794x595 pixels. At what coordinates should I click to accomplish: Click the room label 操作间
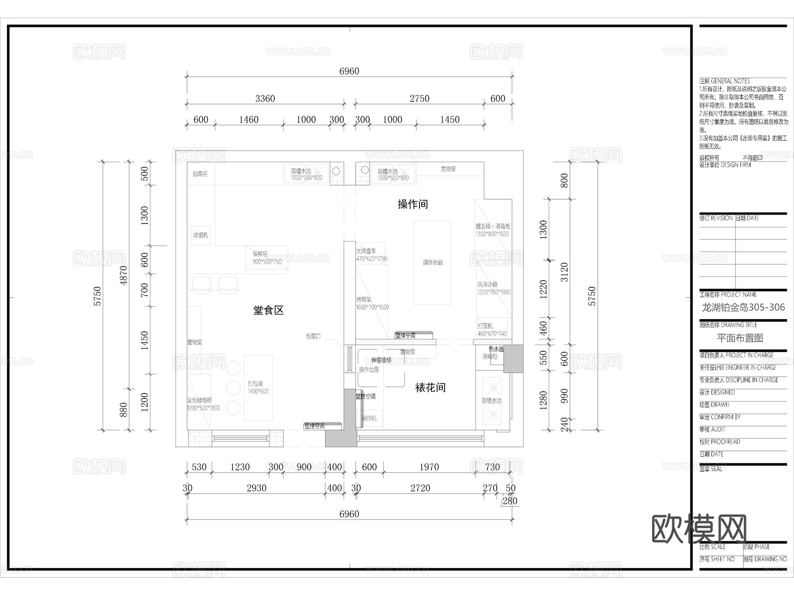[412, 204]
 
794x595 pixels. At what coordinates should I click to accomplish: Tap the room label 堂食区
[268, 310]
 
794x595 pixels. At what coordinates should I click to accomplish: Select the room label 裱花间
[430, 387]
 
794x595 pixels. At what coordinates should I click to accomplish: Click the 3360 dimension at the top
[265, 99]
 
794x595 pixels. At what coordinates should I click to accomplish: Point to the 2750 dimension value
[419, 99]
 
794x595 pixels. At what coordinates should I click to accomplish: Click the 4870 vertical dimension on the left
[124, 275]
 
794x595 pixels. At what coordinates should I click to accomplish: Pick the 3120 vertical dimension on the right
[564, 272]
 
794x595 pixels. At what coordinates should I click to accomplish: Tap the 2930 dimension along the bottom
[256, 488]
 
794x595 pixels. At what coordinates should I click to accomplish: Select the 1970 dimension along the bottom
[429, 467]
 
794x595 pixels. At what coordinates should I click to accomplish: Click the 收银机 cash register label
[200, 235]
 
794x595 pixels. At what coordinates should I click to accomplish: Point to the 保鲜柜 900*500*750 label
[267, 258]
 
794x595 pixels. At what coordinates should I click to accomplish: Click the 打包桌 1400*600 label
[258, 387]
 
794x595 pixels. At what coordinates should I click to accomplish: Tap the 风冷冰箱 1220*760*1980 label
[494, 288]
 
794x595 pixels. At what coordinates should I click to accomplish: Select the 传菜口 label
[313, 336]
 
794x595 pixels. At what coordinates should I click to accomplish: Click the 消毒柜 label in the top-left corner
[200, 174]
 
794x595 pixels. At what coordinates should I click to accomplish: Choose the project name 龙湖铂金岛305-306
[743, 307]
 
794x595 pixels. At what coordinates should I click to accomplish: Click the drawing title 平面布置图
[740, 338]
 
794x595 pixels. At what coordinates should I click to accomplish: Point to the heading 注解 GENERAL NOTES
[724, 81]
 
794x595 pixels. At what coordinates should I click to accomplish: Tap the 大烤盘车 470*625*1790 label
[371, 255]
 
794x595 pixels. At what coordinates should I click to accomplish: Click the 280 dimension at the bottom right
[509, 501]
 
